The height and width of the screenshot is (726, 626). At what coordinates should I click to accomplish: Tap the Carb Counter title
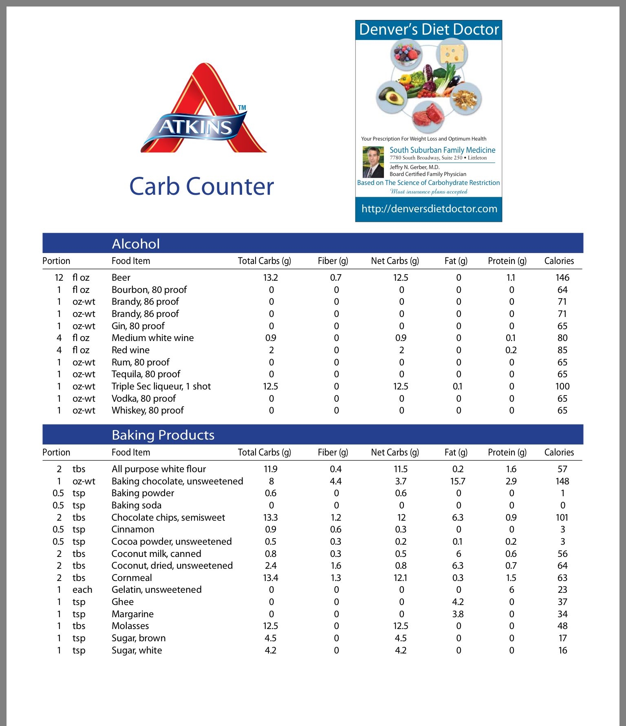pos(201,187)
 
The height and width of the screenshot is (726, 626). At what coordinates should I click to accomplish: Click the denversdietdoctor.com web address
pos(429,209)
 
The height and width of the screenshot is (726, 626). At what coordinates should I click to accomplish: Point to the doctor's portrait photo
pos(373,162)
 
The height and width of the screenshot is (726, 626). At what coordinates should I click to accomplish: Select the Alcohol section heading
pos(136,244)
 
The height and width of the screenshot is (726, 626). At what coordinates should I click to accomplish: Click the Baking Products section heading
pos(163,435)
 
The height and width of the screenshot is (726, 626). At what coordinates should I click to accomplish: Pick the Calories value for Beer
pos(562,277)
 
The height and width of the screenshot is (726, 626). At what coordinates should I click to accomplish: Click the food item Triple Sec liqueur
pos(161,386)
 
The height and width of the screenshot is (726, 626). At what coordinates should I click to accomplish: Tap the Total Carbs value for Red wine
pos(271,350)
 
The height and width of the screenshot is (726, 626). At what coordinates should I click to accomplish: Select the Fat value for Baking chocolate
pos(458,481)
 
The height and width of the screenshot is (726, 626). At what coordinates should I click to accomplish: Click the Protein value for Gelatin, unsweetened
pos(511,590)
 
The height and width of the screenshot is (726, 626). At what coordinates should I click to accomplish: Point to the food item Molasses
pos(130,626)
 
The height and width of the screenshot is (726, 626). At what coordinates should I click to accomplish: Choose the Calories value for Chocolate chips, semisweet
pos(562,517)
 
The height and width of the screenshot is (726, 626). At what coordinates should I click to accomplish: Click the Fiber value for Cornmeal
pos(336,578)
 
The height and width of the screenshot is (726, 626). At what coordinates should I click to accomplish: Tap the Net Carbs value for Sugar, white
pos(401,650)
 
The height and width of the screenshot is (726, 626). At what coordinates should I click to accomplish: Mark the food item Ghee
pos(122,602)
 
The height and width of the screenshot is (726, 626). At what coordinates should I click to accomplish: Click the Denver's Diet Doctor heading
pos(429,30)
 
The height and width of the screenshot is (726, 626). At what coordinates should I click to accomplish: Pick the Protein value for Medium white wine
pos(510,338)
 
